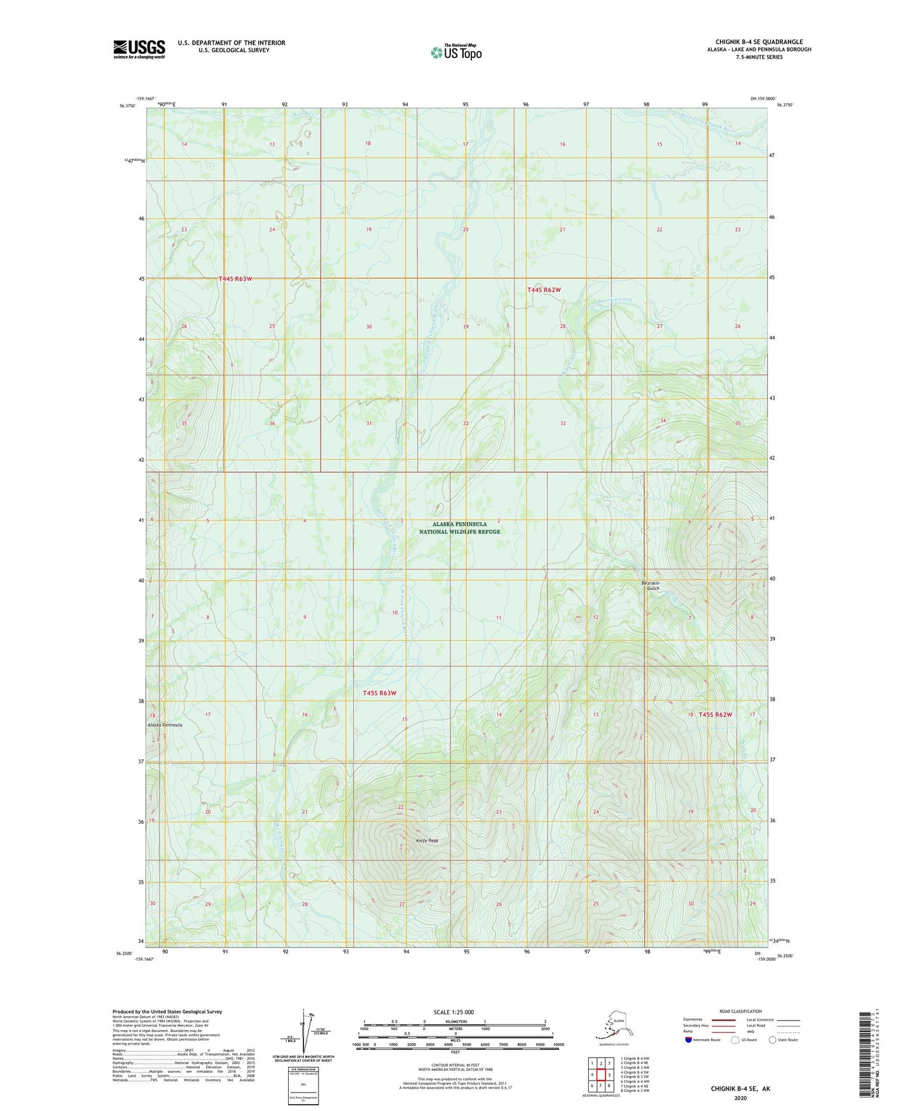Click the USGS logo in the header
coord(139,49)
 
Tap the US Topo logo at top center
coord(456,52)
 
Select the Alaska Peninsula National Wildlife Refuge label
coord(460,528)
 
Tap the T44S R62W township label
coord(544,290)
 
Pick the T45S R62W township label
coord(715,715)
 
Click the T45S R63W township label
coord(380,693)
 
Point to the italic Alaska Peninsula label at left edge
coord(165,725)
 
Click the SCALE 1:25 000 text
coord(453,1012)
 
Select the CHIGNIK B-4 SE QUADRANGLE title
coord(759,42)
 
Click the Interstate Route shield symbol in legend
coord(688,1040)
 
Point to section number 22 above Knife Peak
coord(401,807)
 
